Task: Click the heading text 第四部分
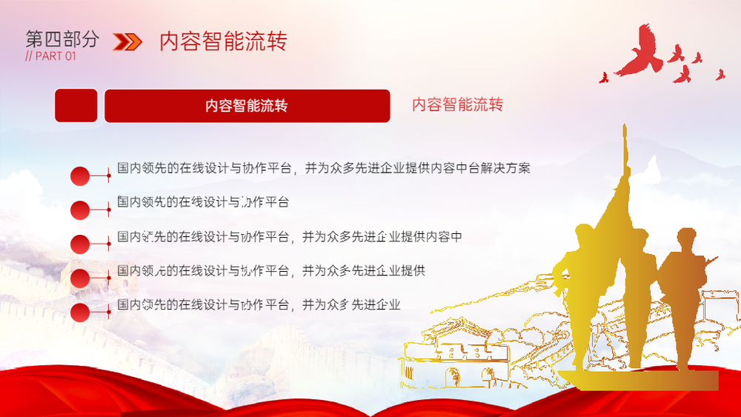[x=62, y=39]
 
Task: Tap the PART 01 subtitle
[x=50, y=56]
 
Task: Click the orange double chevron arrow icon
[x=127, y=41]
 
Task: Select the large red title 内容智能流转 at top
[x=223, y=41]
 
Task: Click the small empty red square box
[x=76, y=105]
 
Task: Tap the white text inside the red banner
[x=247, y=106]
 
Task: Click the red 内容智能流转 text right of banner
[x=457, y=104]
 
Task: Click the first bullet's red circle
[x=80, y=176]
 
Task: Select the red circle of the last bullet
[x=80, y=313]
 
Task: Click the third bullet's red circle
[x=80, y=244]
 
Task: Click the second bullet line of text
[x=203, y=201]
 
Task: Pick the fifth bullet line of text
[x=259, y=304]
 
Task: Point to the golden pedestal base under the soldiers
[x=639, y=380]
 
